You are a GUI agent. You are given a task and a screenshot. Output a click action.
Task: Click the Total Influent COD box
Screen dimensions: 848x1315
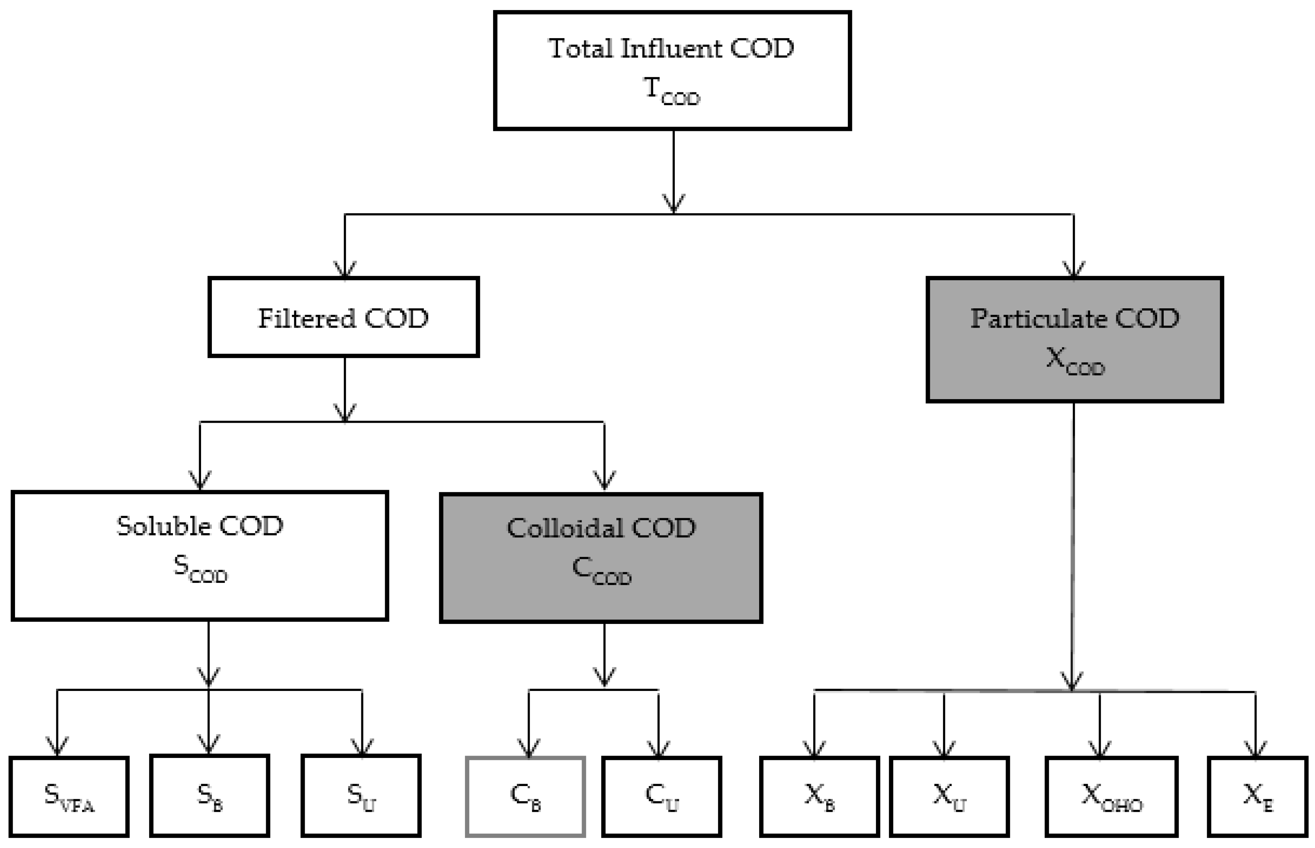[x=672, y=70]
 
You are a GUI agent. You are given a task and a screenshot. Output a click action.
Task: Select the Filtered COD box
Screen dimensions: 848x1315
[x=343, y=318]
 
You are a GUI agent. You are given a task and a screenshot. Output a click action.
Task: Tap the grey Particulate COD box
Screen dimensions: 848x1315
[x=1074, y=340]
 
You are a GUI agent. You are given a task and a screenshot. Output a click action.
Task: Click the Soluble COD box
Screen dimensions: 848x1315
[x=200, y=555]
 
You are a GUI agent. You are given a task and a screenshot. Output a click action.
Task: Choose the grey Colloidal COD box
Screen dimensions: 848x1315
[x=600, y=558]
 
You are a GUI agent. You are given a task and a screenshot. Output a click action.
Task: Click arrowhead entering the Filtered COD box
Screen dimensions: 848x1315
[x=345, y=270]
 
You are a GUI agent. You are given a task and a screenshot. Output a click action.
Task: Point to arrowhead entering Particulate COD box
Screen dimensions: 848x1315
[x=1074, y=270]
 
